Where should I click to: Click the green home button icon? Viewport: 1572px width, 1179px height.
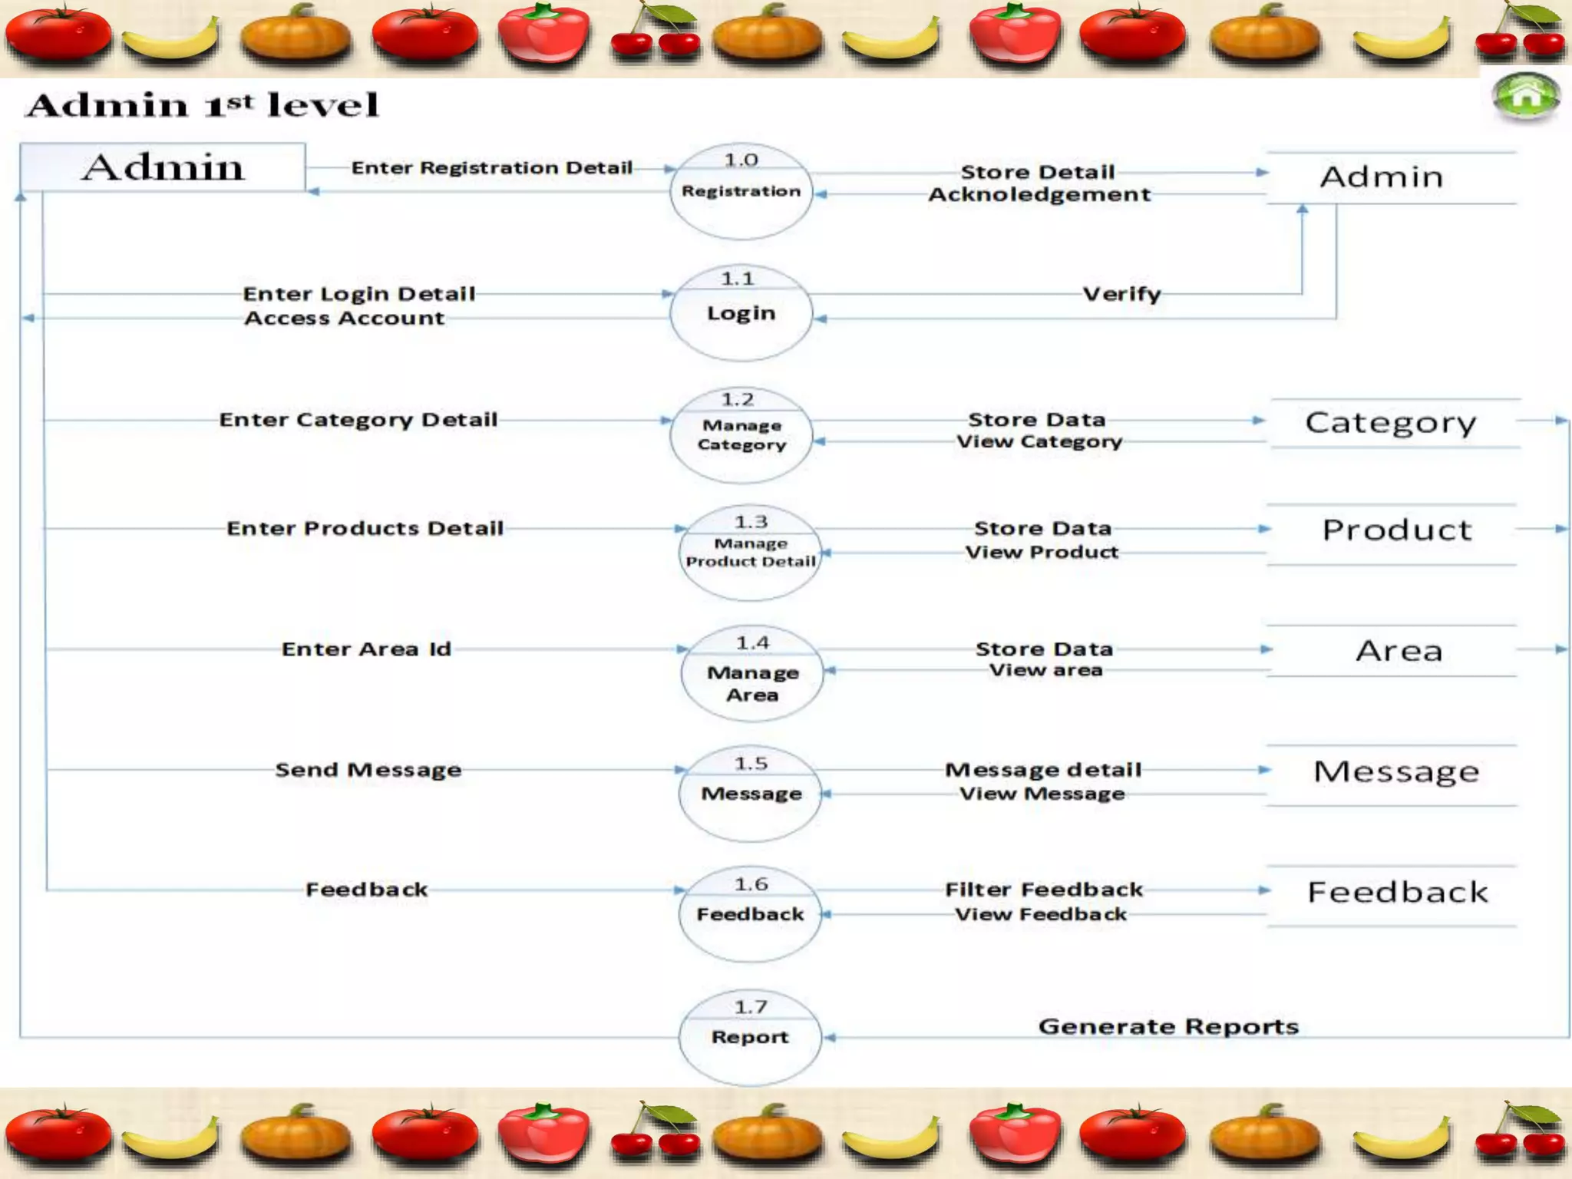click(x=1525, y=97)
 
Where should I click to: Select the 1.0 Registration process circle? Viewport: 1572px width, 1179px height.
click(x=741, y=191)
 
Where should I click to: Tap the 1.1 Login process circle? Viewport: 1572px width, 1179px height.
click(x=741, y=312)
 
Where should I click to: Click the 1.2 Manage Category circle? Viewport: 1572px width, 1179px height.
click(x=741, y=435)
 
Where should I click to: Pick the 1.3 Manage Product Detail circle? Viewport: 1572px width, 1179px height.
click(x=750, y=553)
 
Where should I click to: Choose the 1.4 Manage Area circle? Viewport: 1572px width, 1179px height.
click(x=751, y=673)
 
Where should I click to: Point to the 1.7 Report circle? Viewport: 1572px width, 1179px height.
click(x=750, y=1037)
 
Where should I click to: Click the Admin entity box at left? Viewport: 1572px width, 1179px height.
click(x=163, y=167)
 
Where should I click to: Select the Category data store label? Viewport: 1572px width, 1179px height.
click(x=1390, y=422)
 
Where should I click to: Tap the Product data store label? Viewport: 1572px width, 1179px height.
click(x=1396, y=530)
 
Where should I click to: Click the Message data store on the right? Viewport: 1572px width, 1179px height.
click(x=1396, y=771)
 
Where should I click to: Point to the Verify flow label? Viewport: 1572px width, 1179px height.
click(x=1121, y=294)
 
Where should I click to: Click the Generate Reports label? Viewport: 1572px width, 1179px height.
click(x=1167, y=1026)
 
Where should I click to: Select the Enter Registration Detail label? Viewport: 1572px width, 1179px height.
click(x=491, y=167)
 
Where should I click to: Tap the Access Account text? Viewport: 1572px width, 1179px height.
click(x=344, y=318)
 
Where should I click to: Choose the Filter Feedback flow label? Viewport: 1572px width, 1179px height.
click(x=1043, y=890)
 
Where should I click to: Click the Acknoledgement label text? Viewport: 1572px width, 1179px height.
click(x=1039, y=194)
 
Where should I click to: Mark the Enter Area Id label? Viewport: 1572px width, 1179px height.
click(x=366, y=649)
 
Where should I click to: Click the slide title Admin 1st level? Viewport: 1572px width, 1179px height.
click(x=203, y=105)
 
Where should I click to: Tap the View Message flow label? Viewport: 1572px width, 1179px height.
click(x=1042, y=794)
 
